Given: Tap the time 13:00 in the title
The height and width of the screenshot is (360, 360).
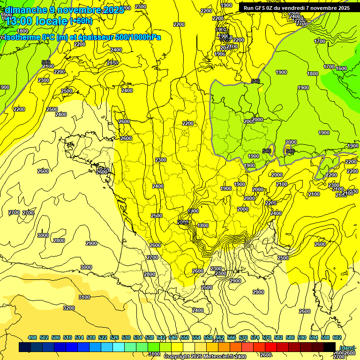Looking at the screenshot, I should tap(19, 21).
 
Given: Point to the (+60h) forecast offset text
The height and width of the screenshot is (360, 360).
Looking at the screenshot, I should tap(81, 21).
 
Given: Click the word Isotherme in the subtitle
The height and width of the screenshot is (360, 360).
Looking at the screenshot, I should tap(22, 37).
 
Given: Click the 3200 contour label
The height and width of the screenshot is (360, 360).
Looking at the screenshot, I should tap(69, 308).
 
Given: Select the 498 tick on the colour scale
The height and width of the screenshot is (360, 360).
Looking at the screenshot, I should tap(32, 337).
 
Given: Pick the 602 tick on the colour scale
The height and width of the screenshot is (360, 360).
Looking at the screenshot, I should tap(337, 337).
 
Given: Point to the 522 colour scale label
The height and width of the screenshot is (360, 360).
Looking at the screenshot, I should tap(103, 337).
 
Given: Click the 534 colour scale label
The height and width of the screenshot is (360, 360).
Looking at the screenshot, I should tap(138, 337).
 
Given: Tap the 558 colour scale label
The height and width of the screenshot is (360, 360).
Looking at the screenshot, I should tap(208, 337).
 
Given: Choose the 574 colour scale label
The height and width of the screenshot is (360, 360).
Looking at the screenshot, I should tap(255, 337).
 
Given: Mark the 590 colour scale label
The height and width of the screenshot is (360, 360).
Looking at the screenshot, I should tap(301, 337).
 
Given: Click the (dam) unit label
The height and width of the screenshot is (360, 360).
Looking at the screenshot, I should tap(347, 348).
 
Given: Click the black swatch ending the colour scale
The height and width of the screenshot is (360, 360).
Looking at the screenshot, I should tap(330, 347).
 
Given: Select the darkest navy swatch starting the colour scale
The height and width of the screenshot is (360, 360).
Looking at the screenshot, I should tap(25, 347).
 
